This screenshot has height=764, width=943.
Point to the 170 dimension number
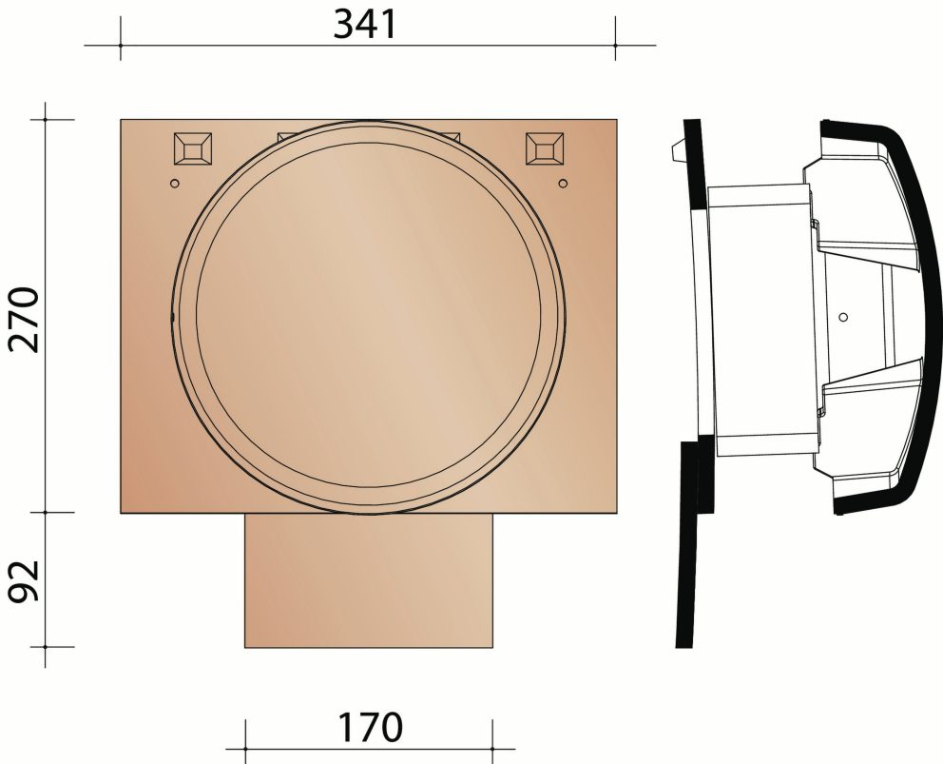368,728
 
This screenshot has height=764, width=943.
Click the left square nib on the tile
194,149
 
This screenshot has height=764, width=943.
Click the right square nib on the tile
545,149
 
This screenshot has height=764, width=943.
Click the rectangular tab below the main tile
370,580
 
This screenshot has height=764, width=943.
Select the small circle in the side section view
844,315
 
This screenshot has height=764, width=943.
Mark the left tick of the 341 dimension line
121,45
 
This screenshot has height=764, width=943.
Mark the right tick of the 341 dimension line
615,45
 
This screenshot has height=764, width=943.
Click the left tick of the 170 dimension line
245,735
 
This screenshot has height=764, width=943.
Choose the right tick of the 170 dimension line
493,735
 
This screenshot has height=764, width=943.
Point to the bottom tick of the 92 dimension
46,647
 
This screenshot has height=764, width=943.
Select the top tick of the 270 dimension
46,119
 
